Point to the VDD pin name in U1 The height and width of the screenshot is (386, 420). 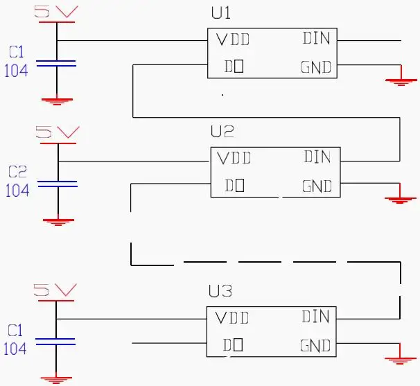coord(232,40)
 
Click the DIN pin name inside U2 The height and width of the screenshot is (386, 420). coord(317,157)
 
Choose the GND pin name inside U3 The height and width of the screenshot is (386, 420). coord(315,345)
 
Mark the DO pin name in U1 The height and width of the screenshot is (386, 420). coord(233,67)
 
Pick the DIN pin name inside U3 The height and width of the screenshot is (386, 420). coord(316,317)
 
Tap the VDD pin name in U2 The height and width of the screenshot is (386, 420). coord(234,158)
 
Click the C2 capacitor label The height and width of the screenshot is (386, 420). coord(17,172)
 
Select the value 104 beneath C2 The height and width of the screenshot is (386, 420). coord(17,190)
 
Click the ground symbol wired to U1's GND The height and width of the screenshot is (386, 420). coord(398,81)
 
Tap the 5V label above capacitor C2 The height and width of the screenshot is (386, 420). coord(57,132)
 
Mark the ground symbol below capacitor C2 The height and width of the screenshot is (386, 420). coord(58,221)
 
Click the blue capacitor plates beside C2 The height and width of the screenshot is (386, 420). coord(57,184)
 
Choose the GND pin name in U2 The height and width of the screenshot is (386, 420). coord(317,186)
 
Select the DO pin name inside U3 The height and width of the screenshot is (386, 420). coord(232,344)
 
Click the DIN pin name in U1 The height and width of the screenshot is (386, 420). coord(316,38)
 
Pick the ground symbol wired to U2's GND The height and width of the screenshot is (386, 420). coord(398,199)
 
